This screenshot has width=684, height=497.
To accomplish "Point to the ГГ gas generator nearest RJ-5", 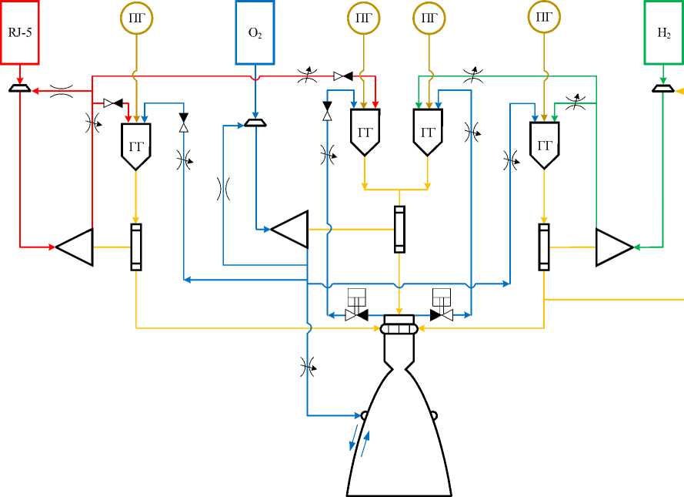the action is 135,146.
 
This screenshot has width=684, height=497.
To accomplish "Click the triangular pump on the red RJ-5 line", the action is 75,247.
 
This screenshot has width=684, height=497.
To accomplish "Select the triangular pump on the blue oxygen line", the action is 290,230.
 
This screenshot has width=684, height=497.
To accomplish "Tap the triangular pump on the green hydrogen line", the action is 615,247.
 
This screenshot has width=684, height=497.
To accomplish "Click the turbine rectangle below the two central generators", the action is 399,230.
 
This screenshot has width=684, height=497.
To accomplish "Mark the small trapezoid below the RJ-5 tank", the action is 20,88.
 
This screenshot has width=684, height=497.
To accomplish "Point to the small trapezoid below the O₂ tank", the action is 255,123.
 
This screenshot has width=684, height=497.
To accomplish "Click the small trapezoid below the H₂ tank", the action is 663,88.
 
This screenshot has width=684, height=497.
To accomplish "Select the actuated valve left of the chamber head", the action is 356,305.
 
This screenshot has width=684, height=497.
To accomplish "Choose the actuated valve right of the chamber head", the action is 442,305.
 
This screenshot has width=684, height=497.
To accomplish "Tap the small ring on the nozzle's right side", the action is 434,415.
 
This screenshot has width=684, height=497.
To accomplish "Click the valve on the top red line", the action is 343,76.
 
